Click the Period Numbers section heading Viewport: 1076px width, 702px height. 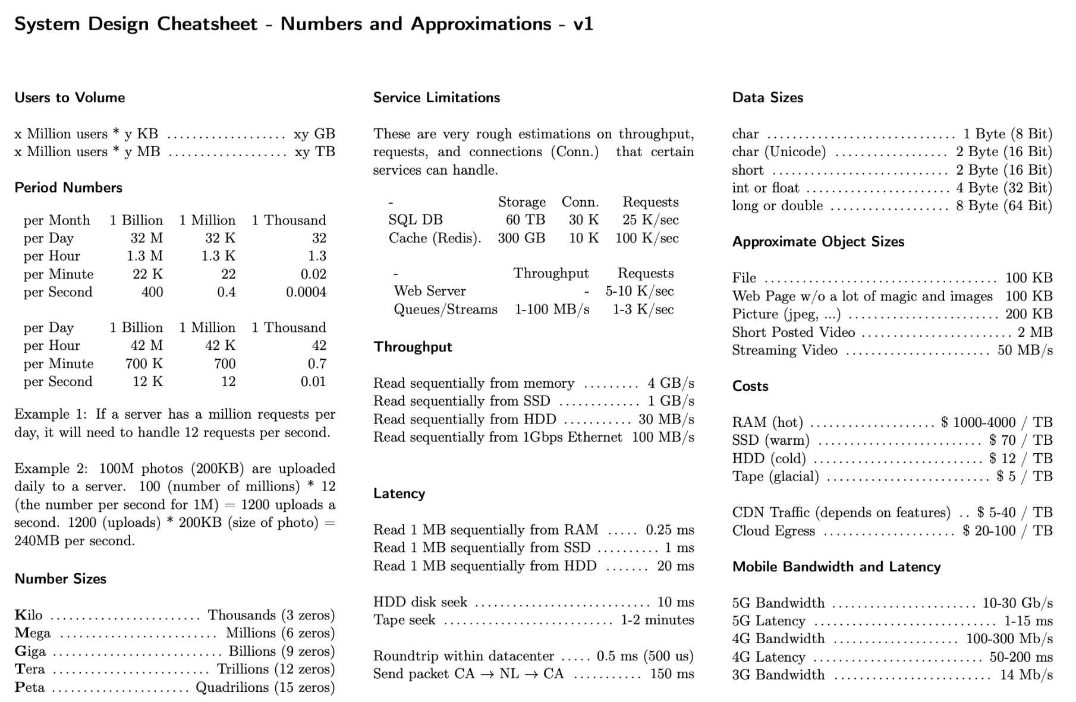(68, 188)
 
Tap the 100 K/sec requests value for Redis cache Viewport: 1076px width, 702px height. (647, 238)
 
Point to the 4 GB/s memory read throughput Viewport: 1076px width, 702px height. (671, 383)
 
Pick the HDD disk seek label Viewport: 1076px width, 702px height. (420, 602)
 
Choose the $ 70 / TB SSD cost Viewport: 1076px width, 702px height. (1020, 440)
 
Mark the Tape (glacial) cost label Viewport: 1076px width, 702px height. (775, 476)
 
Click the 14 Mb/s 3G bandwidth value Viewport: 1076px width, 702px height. (1026, 675)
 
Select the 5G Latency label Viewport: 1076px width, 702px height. (769, 621)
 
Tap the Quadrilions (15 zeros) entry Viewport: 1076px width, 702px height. (265, 687)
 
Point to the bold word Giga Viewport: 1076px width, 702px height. (30, 652)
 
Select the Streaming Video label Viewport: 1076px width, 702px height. (785, 350)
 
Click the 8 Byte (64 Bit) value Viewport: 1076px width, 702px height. (1003, 205)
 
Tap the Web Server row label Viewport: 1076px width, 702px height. (429, 291)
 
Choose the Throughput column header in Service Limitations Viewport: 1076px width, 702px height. (550, 273)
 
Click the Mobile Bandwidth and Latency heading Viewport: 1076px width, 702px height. (836, 567)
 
